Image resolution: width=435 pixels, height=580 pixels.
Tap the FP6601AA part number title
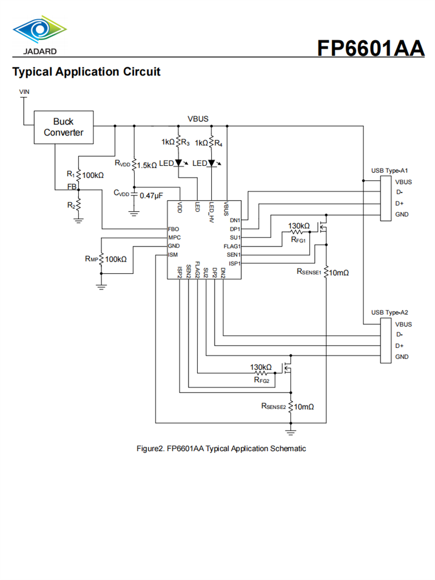[x=371, y=48]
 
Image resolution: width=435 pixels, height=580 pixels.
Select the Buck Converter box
[x=63, y=127]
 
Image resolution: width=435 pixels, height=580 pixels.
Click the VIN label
[x=24, y=92]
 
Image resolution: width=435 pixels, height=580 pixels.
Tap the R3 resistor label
[x=185, y=142]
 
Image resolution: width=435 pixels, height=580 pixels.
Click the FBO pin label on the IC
[x=173, y=229]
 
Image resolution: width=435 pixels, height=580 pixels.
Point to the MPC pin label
[x=174, y=238]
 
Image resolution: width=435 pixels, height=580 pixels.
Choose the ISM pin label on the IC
[x=173, y=255]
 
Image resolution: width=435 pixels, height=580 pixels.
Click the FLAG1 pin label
[x=232, y=246]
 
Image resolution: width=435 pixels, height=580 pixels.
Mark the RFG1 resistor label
[x=298, y=238]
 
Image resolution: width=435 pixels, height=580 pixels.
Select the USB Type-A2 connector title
[x=390, y=313]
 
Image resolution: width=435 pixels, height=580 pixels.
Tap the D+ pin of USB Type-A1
[x=399, y=203]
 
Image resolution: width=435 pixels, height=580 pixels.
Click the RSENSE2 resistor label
[x=274, y=407]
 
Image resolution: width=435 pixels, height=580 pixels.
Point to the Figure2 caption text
[x=220, y=448]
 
